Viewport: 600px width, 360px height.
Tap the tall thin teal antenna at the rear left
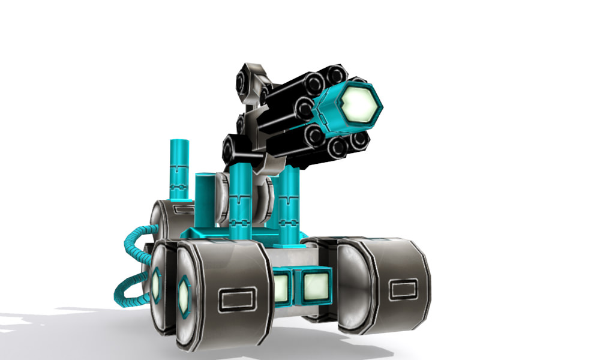179,169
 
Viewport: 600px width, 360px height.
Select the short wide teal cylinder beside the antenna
205,198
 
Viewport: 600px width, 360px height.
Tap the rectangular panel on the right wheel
399,291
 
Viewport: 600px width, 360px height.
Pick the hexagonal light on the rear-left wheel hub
156,281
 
